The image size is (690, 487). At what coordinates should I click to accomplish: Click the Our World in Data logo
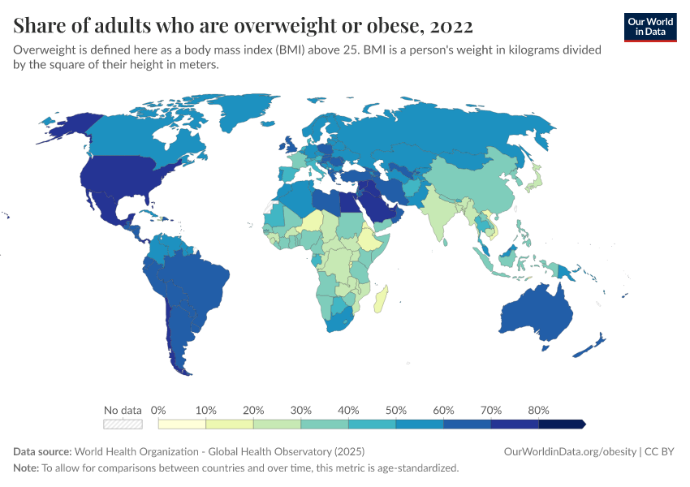[650, 27]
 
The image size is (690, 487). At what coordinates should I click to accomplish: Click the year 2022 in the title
[447, 26]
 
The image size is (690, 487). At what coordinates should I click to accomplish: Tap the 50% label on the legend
[396, 410]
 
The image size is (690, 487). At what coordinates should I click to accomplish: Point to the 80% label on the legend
[538, 410]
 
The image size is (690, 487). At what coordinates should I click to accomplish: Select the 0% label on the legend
[159, 410]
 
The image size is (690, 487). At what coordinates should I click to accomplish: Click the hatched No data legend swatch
[123, 424]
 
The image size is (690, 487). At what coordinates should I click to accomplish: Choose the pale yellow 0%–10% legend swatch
[183, 424]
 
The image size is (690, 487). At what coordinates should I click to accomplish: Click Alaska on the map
[65, 126]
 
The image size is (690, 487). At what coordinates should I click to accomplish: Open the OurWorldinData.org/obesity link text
[569, 451]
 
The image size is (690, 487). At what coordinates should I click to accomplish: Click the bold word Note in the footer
[25, 468]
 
